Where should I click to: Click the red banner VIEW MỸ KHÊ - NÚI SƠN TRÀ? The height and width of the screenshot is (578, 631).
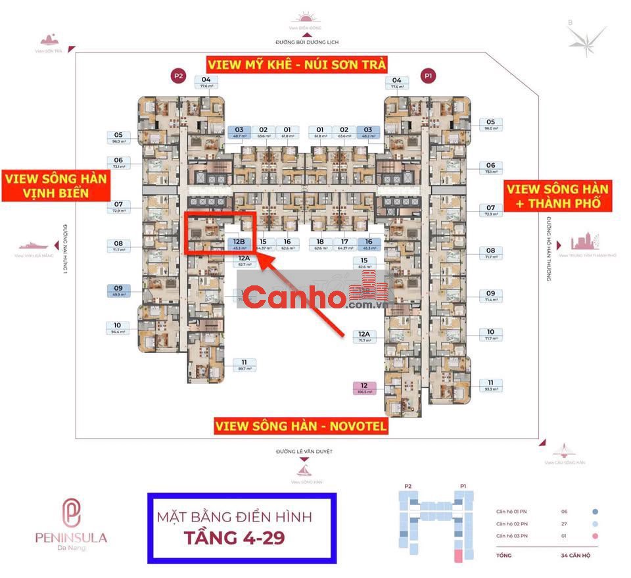tap(296, 64)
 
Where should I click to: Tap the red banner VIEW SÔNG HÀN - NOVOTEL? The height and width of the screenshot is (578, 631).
tap(301, 426)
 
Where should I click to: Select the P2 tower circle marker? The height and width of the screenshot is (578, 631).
tap(177, 76)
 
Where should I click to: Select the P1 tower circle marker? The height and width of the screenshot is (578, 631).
tap(429, 76)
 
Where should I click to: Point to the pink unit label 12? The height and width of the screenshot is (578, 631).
tap(364, 388)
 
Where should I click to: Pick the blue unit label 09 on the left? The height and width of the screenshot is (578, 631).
tap(118, 291)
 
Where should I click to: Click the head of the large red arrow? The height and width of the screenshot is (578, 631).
tap(258, 258)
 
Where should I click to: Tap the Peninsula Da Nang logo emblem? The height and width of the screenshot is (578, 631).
tap(71, 514)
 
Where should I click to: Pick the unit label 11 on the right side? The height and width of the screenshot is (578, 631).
tap(490, 385)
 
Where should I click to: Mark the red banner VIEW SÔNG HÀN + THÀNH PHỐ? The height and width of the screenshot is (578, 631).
tap(557, 196)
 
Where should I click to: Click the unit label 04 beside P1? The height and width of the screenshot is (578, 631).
tap(396, 82)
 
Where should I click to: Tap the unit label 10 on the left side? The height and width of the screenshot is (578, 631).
tap(117, 327)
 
